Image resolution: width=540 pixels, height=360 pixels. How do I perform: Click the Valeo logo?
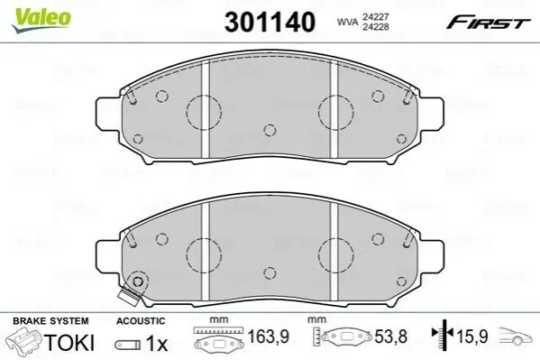tap(41, 20)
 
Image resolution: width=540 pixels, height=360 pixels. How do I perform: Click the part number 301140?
tap(270, 22)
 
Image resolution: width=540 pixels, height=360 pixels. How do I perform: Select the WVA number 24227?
tap(375, 16)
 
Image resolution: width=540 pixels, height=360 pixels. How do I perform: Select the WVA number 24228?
tap(375, 26)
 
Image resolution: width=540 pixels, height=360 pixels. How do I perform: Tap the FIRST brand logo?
tap(488, 23)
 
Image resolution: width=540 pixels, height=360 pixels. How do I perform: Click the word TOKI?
tap(69, 343)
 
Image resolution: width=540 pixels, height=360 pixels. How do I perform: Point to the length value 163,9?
tap(269, 337)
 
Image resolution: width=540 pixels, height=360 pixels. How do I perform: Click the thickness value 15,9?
tap(472, 337)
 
